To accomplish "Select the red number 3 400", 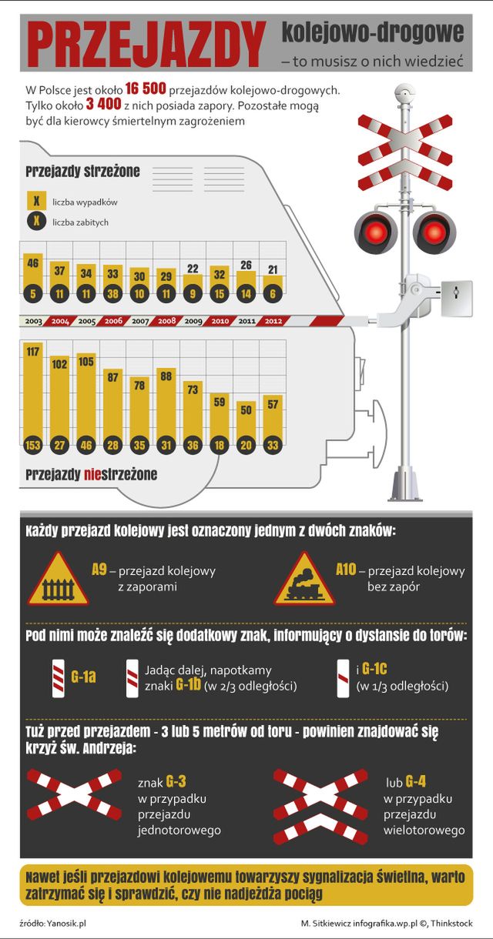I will coord(99,105).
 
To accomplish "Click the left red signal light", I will coord(375,230).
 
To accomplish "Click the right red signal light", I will coord(434,230).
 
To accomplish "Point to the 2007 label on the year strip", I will coord(139,321).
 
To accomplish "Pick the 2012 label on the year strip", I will coord(273,321).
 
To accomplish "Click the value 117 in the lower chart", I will coord(32,352).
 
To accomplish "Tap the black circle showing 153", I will coord(32,445).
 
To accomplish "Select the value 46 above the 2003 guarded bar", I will coord(32,263).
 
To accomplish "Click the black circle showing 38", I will coord(113,292).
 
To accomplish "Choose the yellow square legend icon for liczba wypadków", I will coord(36,201).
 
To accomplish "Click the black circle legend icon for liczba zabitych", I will coord(36,222).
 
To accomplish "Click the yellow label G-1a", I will coord(83,677).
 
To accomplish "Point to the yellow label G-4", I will coord(416,782).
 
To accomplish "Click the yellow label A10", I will coord(347,570).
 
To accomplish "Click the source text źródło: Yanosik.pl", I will coord(52,923).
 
